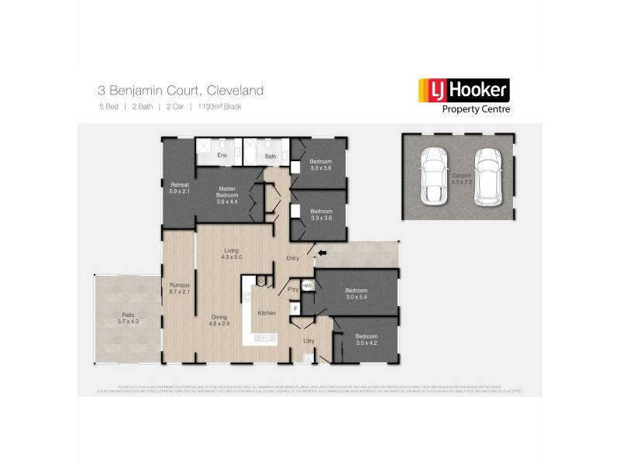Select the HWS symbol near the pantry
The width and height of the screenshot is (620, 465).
tap(307, 286)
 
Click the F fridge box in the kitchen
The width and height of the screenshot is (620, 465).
tap(294, 308)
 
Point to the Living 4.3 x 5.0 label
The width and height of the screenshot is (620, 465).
tap(232, 253)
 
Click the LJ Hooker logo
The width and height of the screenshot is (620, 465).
tap(463, 90)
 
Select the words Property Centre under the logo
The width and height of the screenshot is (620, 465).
tap(476, 109)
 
